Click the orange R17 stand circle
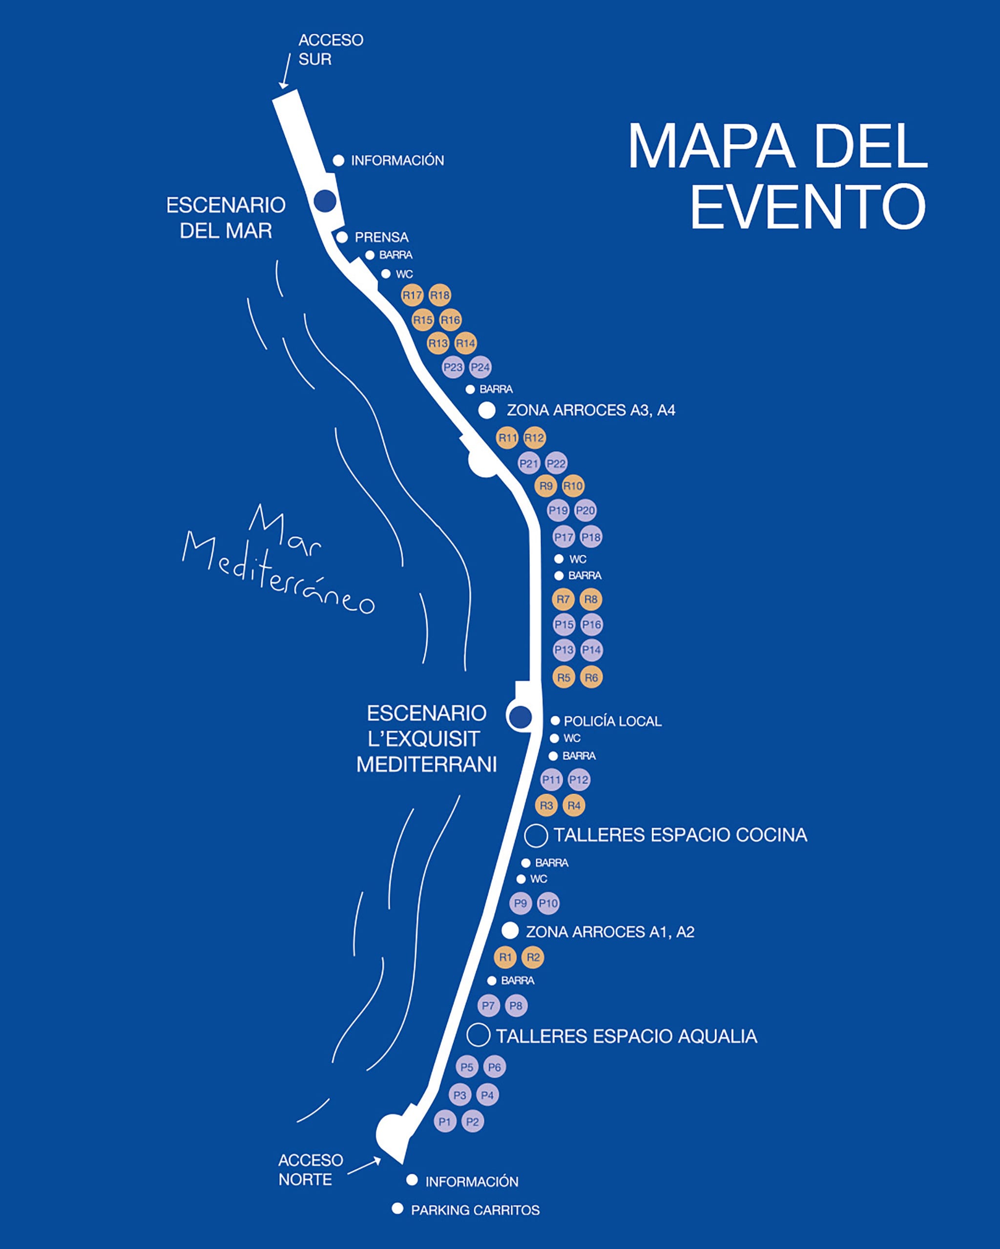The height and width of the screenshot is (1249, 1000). click(x=412, y=296)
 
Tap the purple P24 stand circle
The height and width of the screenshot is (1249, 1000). click(x=480, y=367)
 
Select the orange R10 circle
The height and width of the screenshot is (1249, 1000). click(x=573, y=486)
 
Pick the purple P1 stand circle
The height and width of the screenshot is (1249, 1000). click(x=445, y=1122)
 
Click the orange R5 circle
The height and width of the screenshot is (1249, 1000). click(x=563, y=677)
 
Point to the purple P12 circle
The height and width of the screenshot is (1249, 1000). click(x=579, y=780)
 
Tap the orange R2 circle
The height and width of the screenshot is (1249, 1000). click(x=533, y=957)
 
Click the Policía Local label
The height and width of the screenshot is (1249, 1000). click(x=612, y=721)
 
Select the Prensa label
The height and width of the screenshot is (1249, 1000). click(x=381, y=237)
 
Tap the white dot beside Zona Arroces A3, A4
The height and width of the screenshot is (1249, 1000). click(x=487, y=410)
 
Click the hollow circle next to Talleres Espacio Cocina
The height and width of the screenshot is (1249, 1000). click(x=536, y=835)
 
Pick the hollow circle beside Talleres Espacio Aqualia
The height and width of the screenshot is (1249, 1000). click(x=478, y=1035)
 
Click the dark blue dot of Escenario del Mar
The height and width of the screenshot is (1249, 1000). click(x=325, y=201)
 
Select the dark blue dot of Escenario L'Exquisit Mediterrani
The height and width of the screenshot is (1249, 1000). click(x=520, y=717)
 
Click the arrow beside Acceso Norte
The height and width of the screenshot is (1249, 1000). click(x=364, y=1166)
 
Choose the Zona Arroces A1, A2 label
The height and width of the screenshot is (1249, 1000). click(x=609, y=932)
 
